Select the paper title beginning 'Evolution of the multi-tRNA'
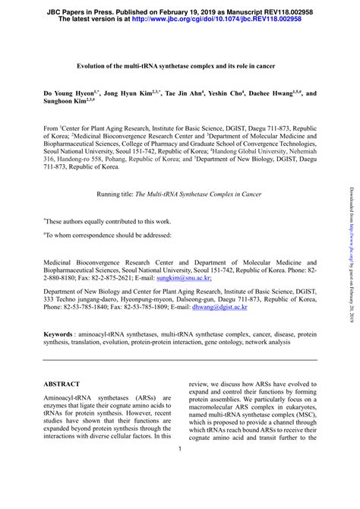pos(179,67)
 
